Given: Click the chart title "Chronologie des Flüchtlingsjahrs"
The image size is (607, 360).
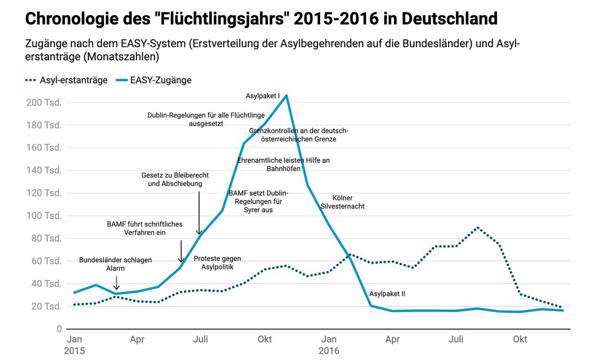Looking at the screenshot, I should coord(261,19).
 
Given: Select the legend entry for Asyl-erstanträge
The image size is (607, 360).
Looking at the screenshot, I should coord(66,80).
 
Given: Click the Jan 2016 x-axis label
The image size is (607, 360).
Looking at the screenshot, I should coord(329,345).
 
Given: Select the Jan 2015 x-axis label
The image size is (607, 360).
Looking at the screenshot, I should coord(75,345).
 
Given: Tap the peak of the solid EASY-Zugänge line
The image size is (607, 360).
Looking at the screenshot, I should coord(287,95).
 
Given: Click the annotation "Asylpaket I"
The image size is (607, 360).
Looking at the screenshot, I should coord(263,96).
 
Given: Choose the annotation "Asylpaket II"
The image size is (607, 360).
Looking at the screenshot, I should coord(387,294).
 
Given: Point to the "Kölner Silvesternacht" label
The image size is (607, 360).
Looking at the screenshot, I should coord(342,202).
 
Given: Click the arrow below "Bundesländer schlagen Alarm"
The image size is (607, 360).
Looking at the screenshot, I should coord(117,282).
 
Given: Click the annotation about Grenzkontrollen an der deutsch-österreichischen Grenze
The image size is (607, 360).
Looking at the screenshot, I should coord(298,134).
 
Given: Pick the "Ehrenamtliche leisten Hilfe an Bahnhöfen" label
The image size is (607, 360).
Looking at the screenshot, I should coord(283,164).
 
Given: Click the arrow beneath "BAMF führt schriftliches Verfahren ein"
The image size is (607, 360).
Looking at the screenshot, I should coord(181,251).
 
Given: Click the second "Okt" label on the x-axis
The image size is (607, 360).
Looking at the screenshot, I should coord(519,340).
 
